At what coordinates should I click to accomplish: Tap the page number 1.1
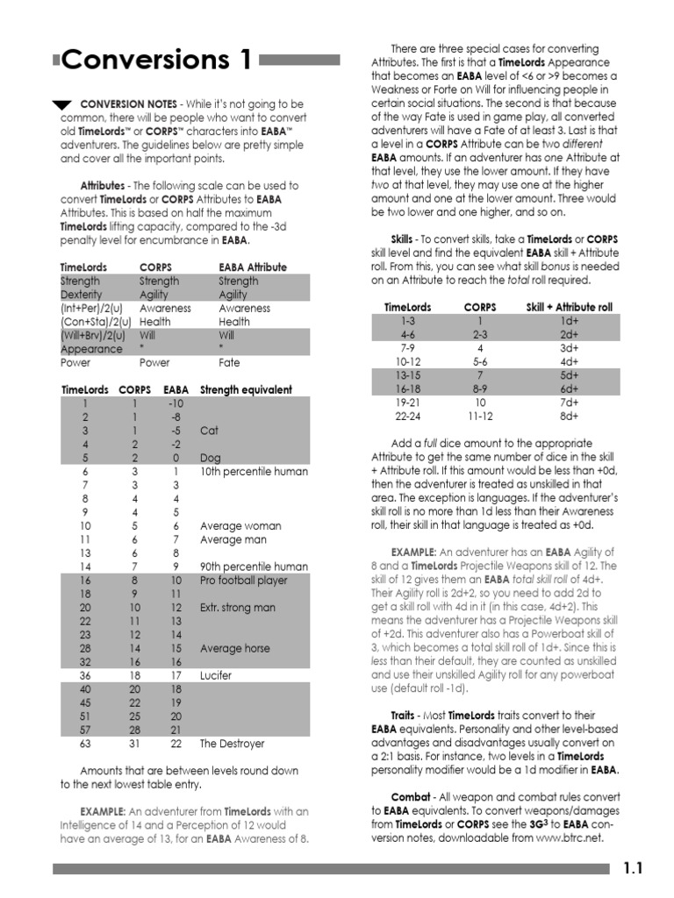coord(634,868)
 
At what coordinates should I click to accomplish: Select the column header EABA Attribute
coord(252,267)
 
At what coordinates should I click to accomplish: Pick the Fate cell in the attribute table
coord(229,362)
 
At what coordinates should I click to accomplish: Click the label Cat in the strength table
coord(209,431)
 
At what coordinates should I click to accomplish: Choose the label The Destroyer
coord(232,743)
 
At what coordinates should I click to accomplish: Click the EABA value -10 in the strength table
coord(176,403)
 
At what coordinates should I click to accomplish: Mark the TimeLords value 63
coord(85,743)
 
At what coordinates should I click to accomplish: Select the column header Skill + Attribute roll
coord(570,307)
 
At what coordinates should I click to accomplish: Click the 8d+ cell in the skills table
coord(570,416)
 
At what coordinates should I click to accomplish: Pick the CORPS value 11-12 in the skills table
coord(479,416)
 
